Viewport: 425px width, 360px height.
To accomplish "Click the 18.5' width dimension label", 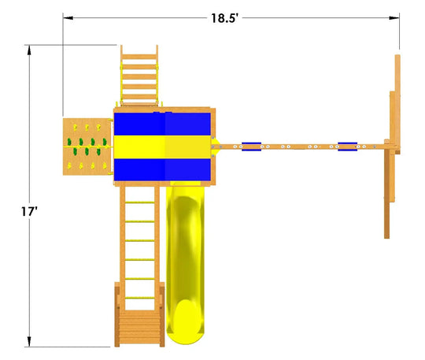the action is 224,18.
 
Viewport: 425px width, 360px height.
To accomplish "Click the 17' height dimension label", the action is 29,212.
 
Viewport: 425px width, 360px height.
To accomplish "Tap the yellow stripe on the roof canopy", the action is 162,147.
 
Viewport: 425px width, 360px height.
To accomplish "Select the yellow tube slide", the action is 185,262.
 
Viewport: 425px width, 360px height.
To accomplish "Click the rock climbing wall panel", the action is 87,147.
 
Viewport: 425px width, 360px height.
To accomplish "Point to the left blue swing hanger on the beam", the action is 252,147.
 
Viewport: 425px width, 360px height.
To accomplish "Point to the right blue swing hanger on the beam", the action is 348,147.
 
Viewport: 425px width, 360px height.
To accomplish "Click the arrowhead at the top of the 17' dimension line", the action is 29,49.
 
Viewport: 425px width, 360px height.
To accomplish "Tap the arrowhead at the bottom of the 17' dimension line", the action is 29,342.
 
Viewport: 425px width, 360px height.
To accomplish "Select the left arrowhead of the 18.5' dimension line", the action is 68,18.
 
